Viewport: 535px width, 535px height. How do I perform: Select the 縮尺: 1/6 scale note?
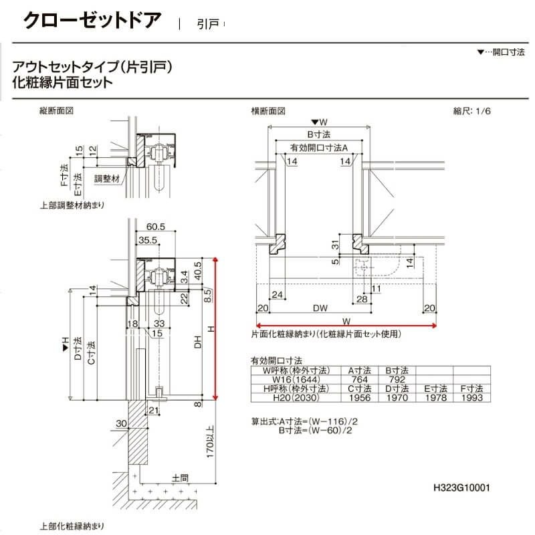473,112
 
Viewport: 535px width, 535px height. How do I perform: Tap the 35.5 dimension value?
148,241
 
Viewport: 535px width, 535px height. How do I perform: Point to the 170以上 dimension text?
211,441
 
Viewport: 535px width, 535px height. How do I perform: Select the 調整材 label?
106,179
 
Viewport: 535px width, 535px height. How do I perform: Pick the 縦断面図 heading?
57,112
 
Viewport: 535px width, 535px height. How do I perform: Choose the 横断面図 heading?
268,112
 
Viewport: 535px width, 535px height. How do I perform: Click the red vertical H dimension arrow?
215,328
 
